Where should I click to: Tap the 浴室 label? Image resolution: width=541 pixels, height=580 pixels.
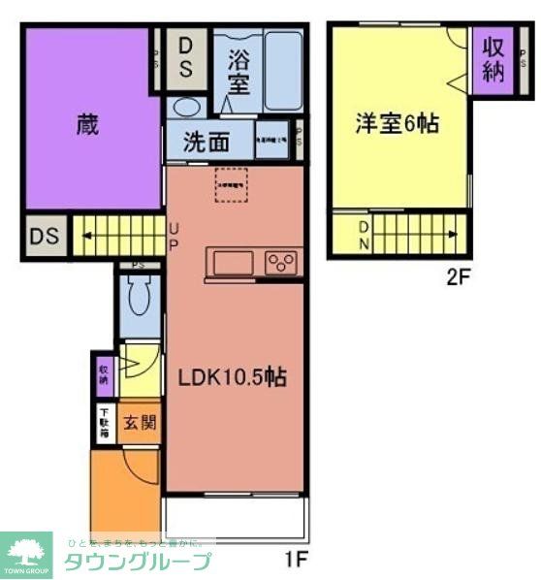coord(238,70)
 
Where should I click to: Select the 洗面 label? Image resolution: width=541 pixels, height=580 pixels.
coord(207,142)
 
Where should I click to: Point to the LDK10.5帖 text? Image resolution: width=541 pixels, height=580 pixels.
coord(231,377)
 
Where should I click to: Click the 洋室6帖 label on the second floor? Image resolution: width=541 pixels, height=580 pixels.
coord(397,124)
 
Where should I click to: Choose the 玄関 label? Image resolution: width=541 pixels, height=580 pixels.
coord(139,423)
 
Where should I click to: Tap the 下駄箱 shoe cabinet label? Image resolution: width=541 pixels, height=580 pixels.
coord(104,423)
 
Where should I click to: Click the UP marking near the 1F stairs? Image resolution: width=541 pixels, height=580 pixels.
coord(174,236)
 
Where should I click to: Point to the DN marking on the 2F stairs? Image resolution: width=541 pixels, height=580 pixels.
coord(364,236)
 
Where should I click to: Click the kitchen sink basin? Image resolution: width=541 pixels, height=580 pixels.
coord(233,263)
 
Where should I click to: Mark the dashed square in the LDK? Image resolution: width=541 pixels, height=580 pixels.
coord(231,183)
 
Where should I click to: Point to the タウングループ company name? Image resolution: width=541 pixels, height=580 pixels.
coord(136,561)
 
